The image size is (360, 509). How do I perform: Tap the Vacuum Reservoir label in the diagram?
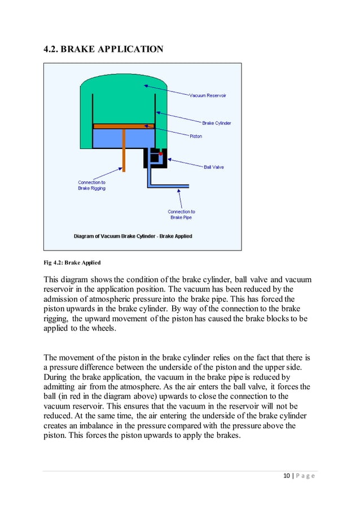click(x=207, y=96)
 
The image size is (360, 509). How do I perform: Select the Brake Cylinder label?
click(x=216, y=123)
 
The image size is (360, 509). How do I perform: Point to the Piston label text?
click(x=195, y=136)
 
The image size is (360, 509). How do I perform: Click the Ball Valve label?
click(x=214, y=167)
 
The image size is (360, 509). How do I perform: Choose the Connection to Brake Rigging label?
click(x=91, y=185)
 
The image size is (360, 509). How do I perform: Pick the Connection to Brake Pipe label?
click(x=181, y=214)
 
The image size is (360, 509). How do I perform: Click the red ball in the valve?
click(x=161, y=153)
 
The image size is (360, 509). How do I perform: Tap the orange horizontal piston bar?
click(x=123, y=126)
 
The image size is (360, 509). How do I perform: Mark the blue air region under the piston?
click(x=123, y=138)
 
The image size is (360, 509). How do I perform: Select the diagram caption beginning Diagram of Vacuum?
click(x=133, y=236)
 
